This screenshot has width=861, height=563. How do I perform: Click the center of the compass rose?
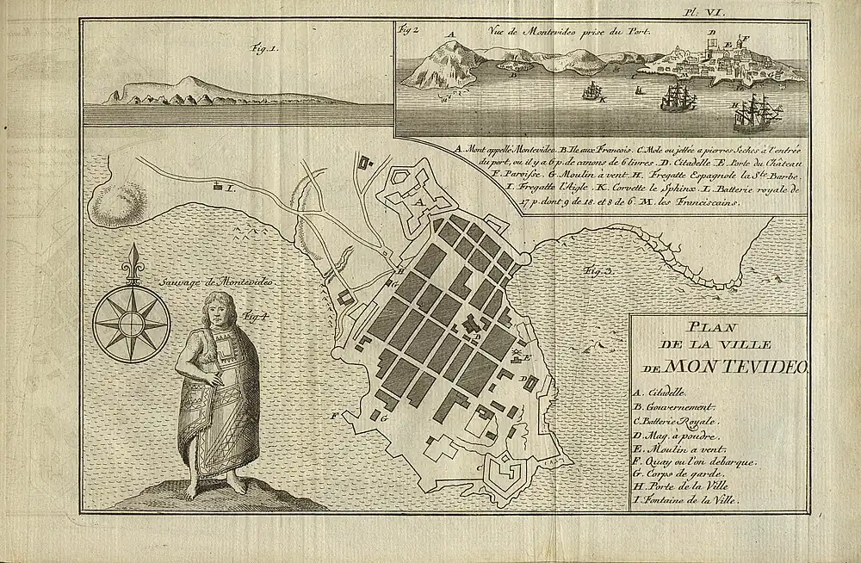click(x=131, y=323)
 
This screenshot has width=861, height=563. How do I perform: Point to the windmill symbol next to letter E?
click(x=517, y=354)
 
